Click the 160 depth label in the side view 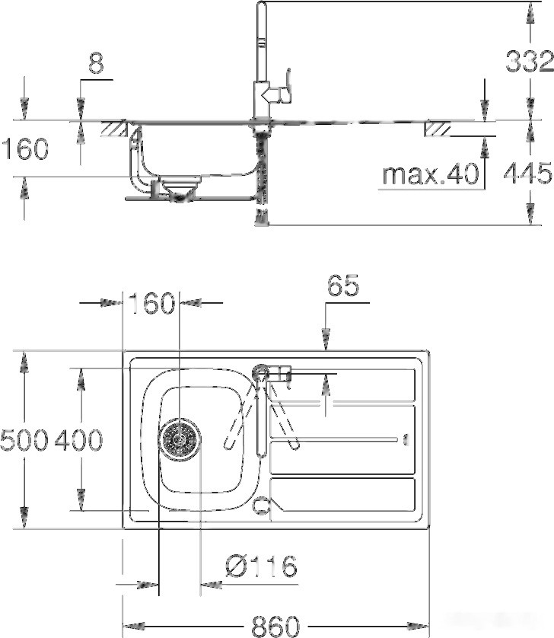(x=24, y=149)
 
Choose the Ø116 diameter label (x=261, y=566)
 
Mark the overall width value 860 (x=274, y=625)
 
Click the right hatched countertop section (x=438, y=129)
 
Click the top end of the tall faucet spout (x=261, y=8)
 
